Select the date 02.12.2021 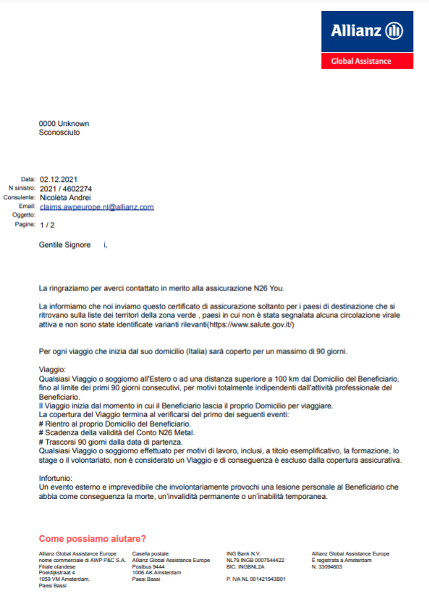pos(59,180)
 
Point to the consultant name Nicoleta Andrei pos(65,198)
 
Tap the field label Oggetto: pos(24,216)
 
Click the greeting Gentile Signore pos(65,246)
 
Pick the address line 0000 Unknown pos(64,124)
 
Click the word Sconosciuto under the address pos(59,133)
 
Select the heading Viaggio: pos(52,370)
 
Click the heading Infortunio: pos(55,479)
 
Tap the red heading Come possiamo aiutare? pos(93,538)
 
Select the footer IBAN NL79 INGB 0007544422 pos(255,560)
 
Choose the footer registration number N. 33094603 pos(327,566)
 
